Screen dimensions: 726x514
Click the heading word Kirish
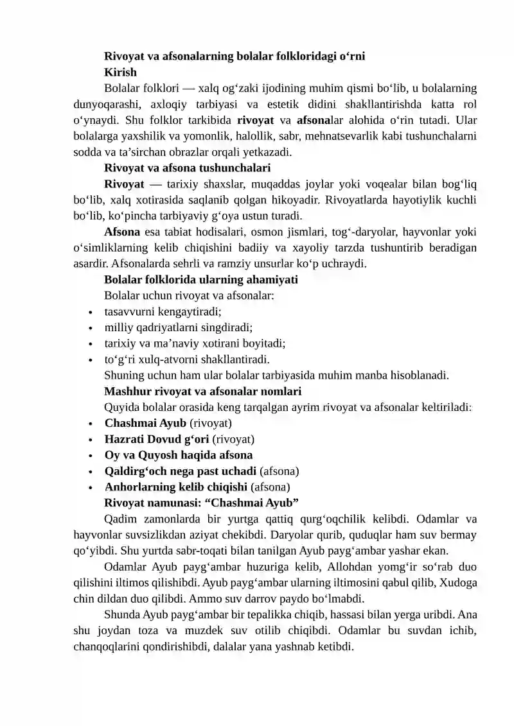coord(120,72)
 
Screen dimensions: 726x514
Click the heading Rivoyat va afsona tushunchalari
coord(186,169)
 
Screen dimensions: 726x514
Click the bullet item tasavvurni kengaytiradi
coord(163,311)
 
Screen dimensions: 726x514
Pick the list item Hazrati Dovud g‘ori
coord(157,439)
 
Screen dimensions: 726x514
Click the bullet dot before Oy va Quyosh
coord(91,455)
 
